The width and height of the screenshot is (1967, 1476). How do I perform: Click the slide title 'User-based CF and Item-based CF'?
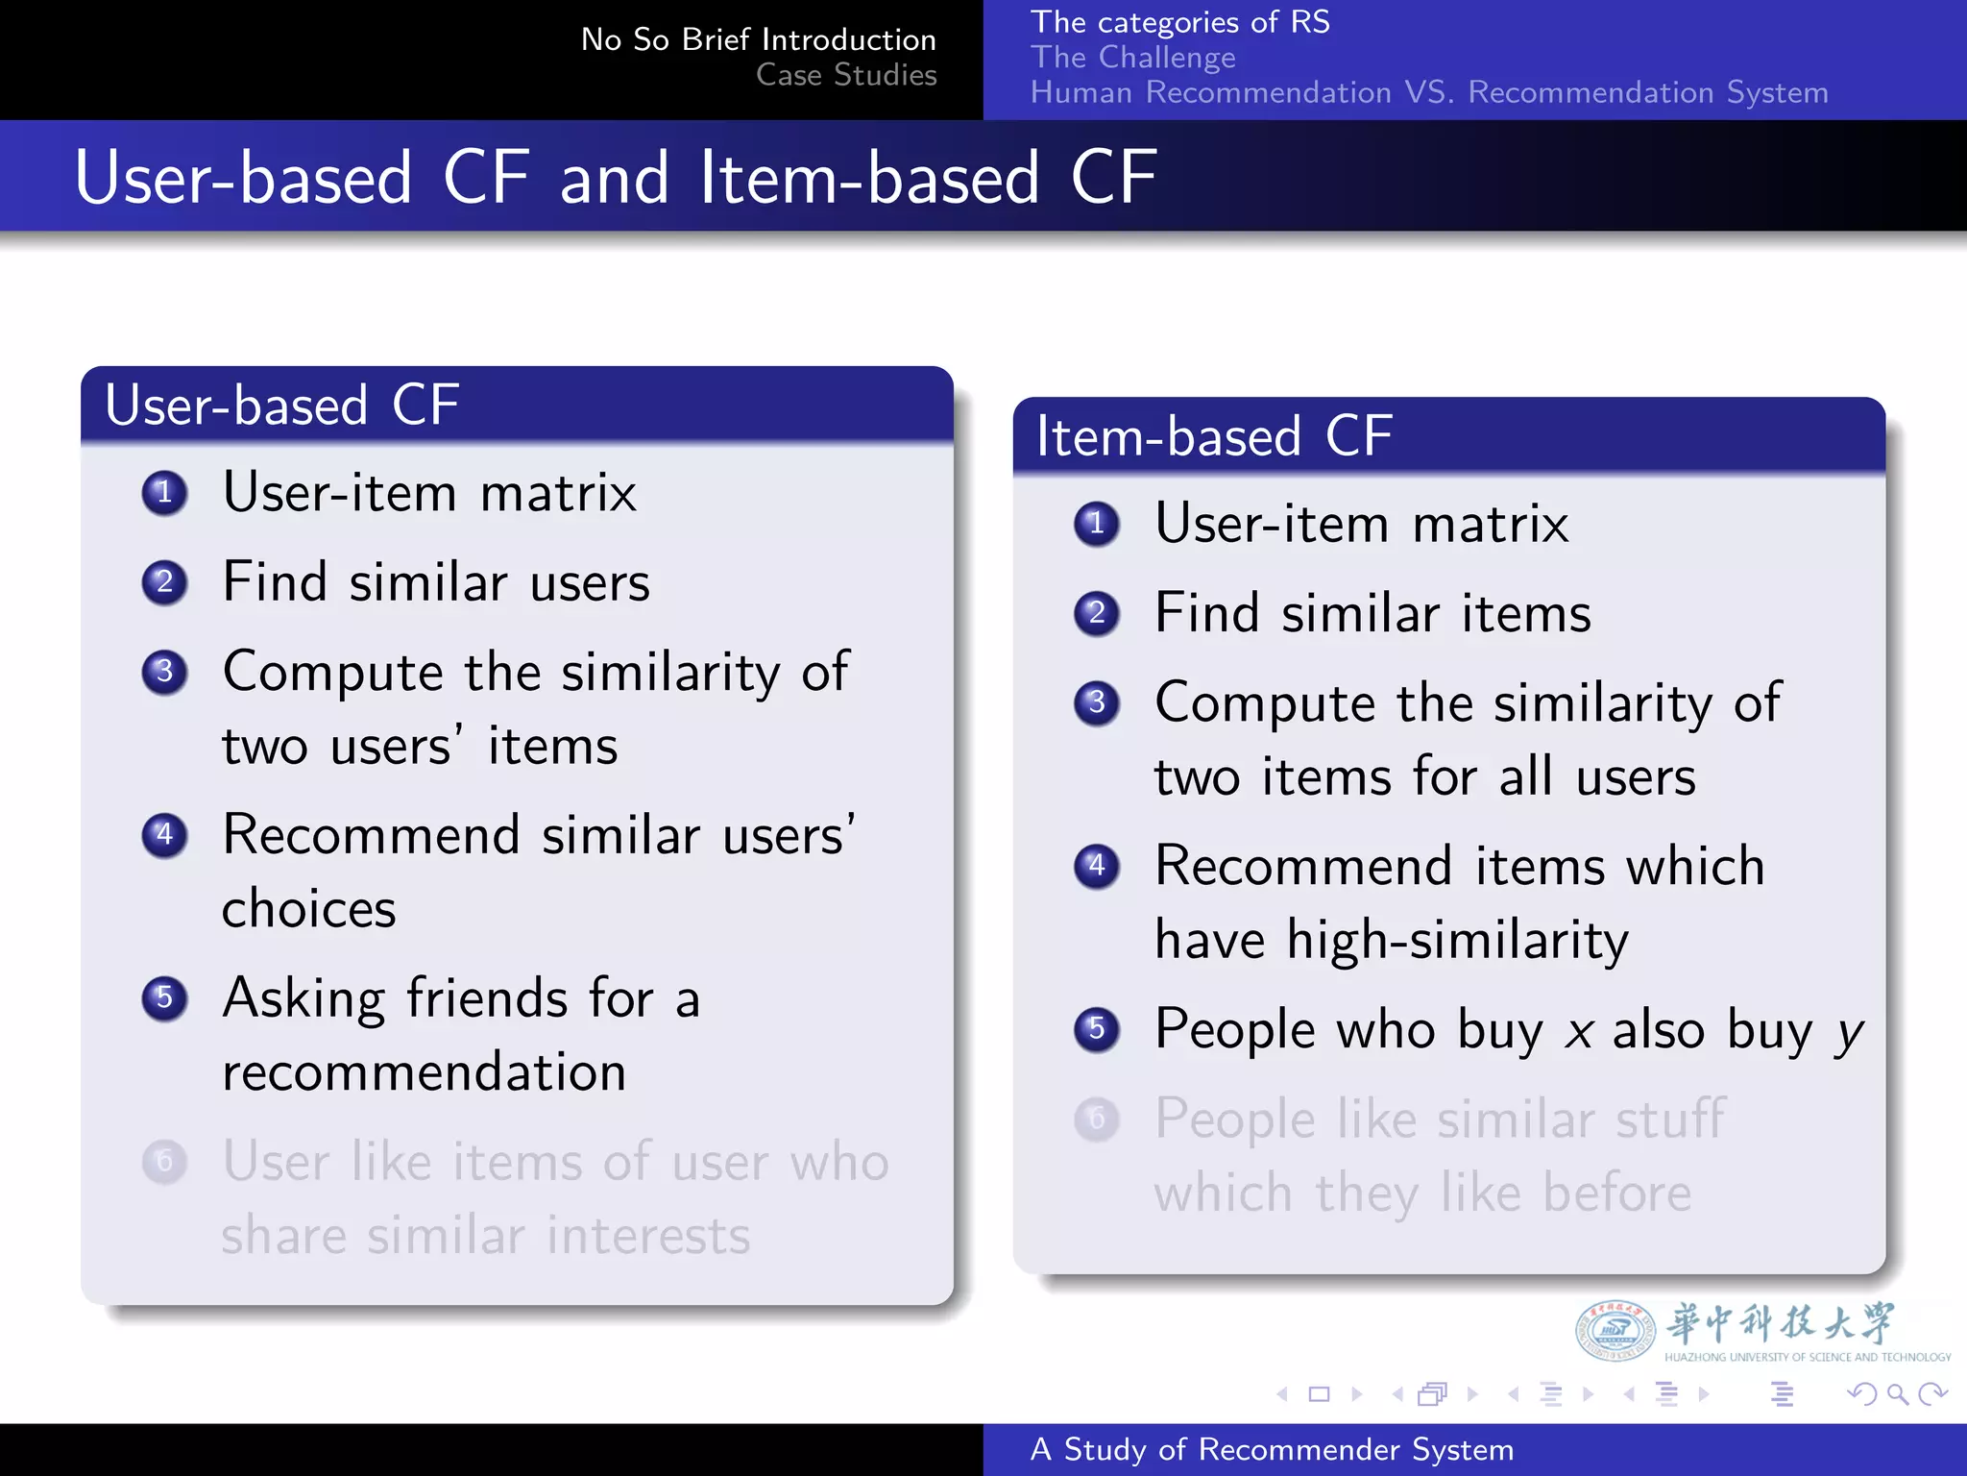[x=615, y=178]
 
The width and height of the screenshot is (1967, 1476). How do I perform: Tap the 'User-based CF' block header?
[x=281, y=405]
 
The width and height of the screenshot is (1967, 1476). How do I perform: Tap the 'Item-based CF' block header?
[x=1214, y=436]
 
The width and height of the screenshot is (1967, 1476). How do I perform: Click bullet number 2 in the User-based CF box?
[x=164, y=582]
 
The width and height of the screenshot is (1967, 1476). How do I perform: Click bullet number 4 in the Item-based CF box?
[x=1097, y=866]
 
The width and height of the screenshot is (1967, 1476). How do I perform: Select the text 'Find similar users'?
[x=436, y=582]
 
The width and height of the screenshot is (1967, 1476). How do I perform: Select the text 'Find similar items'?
[x=1372, y=613]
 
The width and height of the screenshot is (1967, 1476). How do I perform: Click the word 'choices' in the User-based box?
[x=308, y=909]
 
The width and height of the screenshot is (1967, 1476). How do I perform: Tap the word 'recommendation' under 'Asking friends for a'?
[x=424, y=1072]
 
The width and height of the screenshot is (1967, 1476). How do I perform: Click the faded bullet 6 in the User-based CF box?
[x=164, y=1162]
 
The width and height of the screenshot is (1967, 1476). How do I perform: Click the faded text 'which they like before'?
[x=1422, y=1193]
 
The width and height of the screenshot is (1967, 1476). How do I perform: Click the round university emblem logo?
[x=1615, y=1331]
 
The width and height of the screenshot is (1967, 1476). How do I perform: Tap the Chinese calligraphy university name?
[x=1780, y=1323]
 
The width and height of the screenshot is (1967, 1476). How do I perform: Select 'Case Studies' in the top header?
[x=845, y=75]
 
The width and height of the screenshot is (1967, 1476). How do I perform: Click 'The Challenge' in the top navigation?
[x=1132, y=58]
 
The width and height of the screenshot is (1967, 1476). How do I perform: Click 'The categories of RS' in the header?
[x=1179, y=22]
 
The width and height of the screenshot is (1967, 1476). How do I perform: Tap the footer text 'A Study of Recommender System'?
[x=1272, y=1449]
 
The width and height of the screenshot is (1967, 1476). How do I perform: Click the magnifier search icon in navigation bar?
[x=1897, y=1393]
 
